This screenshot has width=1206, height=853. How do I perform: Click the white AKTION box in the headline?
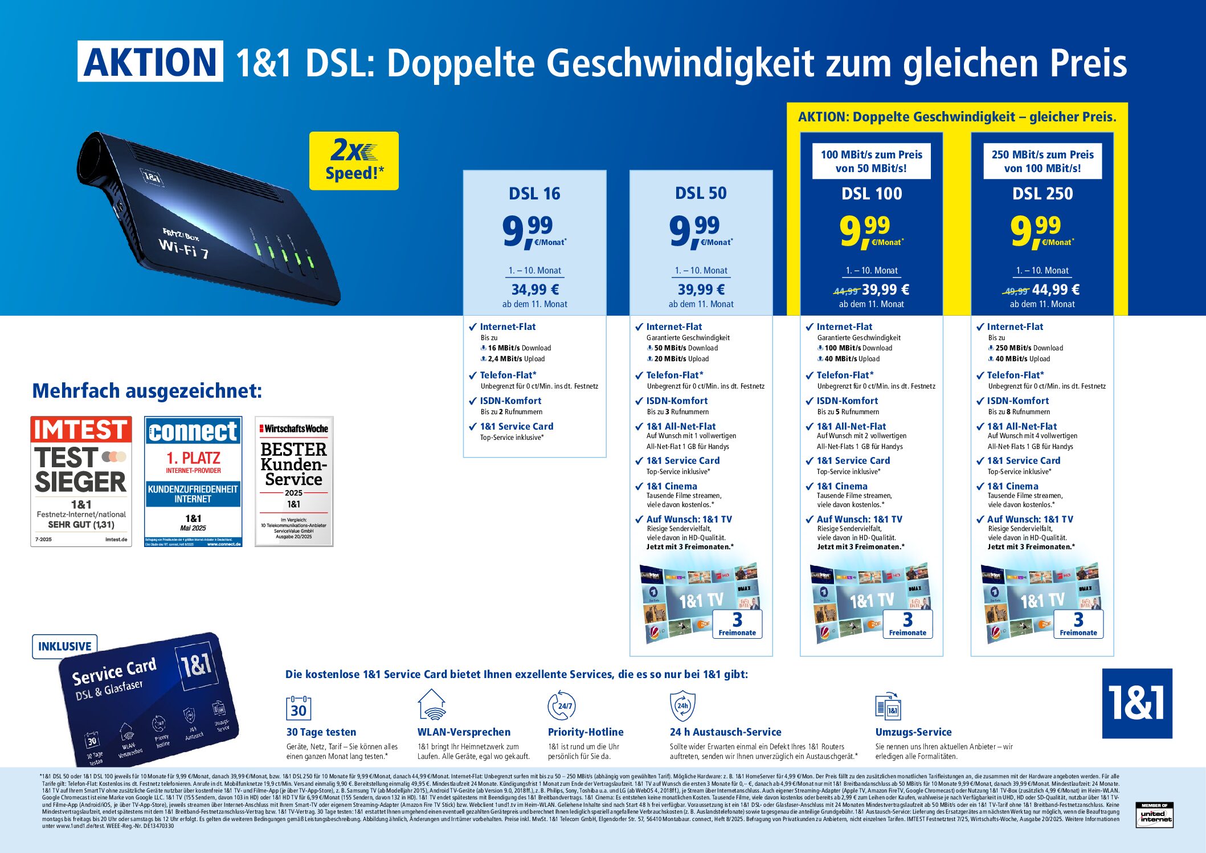click(x=150, y=62)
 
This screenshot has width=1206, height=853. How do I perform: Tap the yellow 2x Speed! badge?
click(x=354, y=161)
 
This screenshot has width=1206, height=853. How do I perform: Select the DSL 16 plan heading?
click(x=534, y=194)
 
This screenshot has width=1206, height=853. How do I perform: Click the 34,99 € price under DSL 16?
click(x=535, y=289)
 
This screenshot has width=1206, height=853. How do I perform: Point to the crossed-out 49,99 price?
click(x=1016, y=291)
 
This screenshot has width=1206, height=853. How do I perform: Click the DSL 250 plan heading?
click(x=1042, y=194)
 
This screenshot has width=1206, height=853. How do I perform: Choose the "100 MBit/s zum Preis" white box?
click(x=871, y=161)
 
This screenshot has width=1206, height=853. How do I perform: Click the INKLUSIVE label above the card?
click(x=65, y=646)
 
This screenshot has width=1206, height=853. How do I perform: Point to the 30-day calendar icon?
click(x=299, y=708)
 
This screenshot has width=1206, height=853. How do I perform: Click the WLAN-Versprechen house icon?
click(x=431, y=705)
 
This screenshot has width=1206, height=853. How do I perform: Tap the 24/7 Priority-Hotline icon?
click(x=562, y=705)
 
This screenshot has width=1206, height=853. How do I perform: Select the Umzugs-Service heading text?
click(x=913, y=732)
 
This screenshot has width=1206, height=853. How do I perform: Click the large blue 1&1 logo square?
click(x=1136, y=703)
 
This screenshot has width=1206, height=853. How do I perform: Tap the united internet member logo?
click(x=1155, y=815)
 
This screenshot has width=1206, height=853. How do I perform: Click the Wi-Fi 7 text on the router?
click(x=183, y=247)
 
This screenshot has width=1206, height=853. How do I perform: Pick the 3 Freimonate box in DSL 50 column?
click(x=737, y=624)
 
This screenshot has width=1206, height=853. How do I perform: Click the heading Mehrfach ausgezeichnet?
click(x=147, y=391)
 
